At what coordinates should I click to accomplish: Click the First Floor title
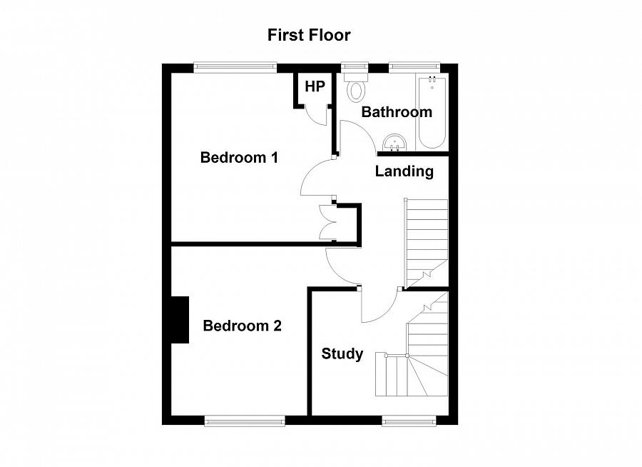click(309, 34)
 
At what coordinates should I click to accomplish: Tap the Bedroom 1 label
click(238, 157)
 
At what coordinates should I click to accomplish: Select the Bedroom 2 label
click(242, 326)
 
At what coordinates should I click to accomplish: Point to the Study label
click(342, 354)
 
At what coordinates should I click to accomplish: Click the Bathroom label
click(397, 112)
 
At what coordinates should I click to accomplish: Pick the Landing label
click(404, 171)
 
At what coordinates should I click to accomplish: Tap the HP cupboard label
click(315, 87)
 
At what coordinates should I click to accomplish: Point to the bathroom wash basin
click(394, 142)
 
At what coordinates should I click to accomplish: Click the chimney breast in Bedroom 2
click(178, 320)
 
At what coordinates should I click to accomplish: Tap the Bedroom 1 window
click(235, 67)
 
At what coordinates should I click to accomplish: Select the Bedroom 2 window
click(235, 421)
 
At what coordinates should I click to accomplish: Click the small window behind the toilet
click(354, 67)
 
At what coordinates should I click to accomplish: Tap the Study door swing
click(378, 306)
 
